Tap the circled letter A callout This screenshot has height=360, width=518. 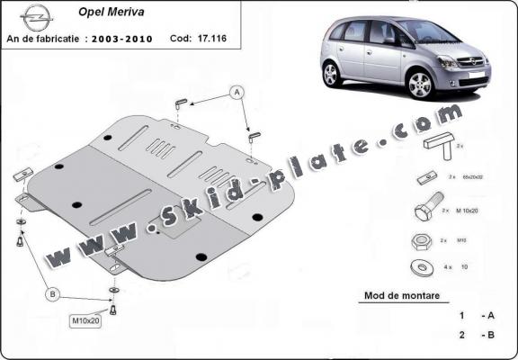pyautogui.click(x=237, y=91)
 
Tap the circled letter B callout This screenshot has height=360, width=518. pyautogui.click(x=53, y=292)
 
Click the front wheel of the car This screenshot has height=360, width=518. pyautogui.click(x=420, y=85)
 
